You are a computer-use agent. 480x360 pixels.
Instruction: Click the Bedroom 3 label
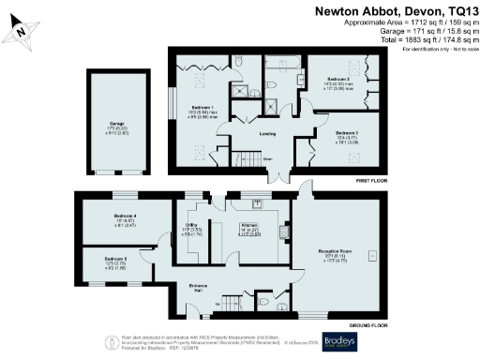click(347, 133)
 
